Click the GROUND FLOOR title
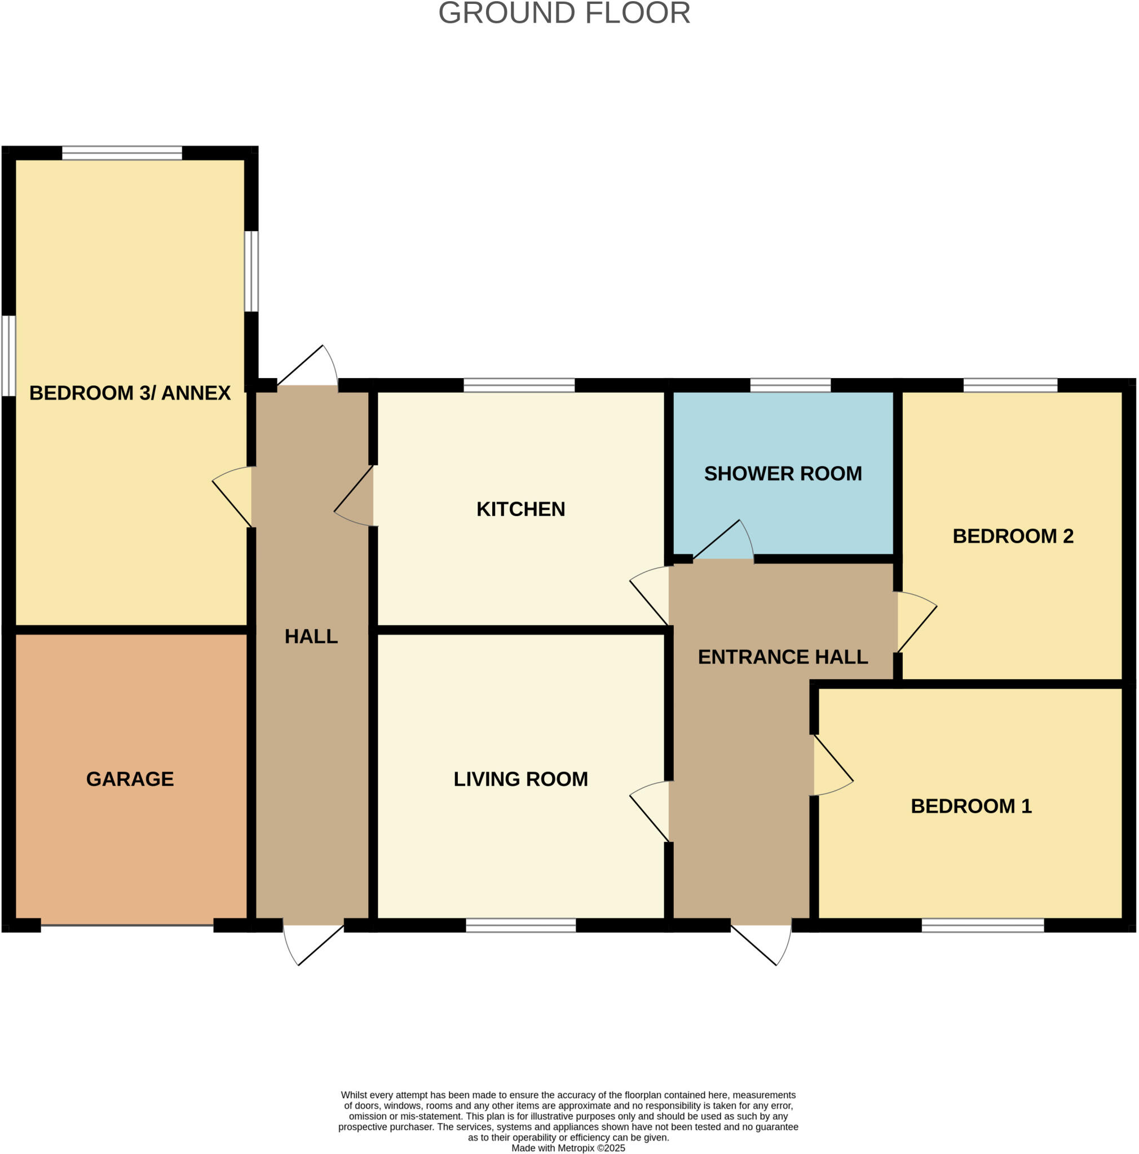click(563, 14)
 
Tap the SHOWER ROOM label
click(782, 474)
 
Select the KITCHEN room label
click(520, 509)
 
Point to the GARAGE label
click(130, 779)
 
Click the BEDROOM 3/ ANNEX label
click(130, 393)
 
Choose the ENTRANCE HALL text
click(782, 657)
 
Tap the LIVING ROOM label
click(520, 779)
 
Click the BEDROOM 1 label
click(970, 806)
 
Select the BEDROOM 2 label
click(1012, 536)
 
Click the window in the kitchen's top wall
click(519, 385)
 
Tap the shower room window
click(790, 385)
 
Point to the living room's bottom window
click(520, 925)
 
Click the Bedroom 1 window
click(982, 925)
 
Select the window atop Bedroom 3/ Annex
click(122, 153)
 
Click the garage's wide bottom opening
click(127, 925)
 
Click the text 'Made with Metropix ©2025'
click(568, 1148)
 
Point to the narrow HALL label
click(311, 637)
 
